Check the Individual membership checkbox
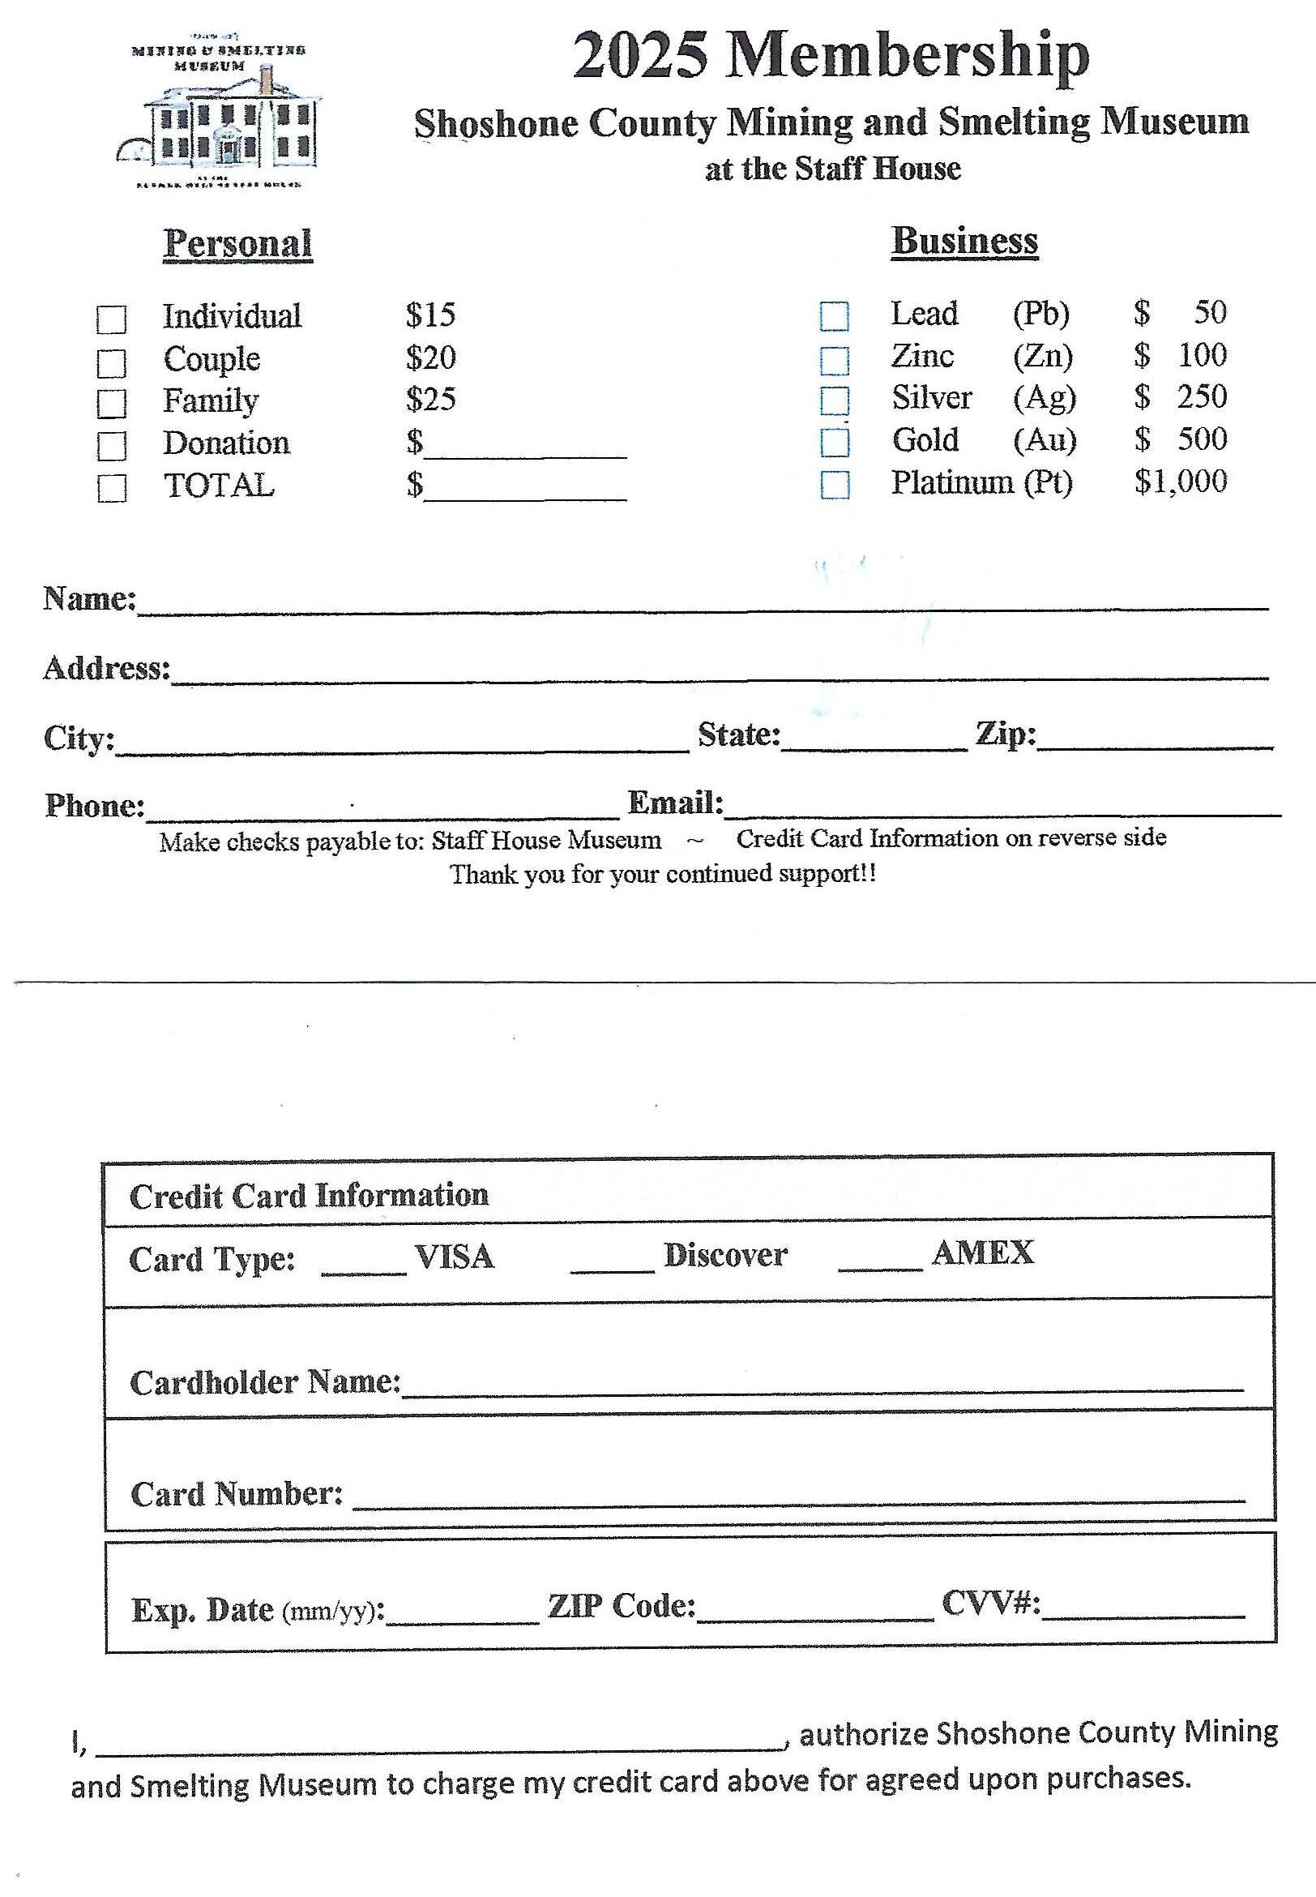click(x=111, y=319)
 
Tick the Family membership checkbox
click(x=111, y=404)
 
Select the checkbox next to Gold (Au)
click(x=835, y=441)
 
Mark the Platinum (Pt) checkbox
click(x=835, y=484)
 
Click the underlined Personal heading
click(x=237, y=244)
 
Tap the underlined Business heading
click(x=964, y=242)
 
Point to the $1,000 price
click(x=1180, y=481)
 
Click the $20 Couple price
click(x=430, y=358)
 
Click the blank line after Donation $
click(x=525, y=449)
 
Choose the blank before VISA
click(x=364, y=1265)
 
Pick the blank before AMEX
click(x=879, y=1262)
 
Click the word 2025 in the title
click(x=640, y=56)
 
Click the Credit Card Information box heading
click(x=310, y=1195)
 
